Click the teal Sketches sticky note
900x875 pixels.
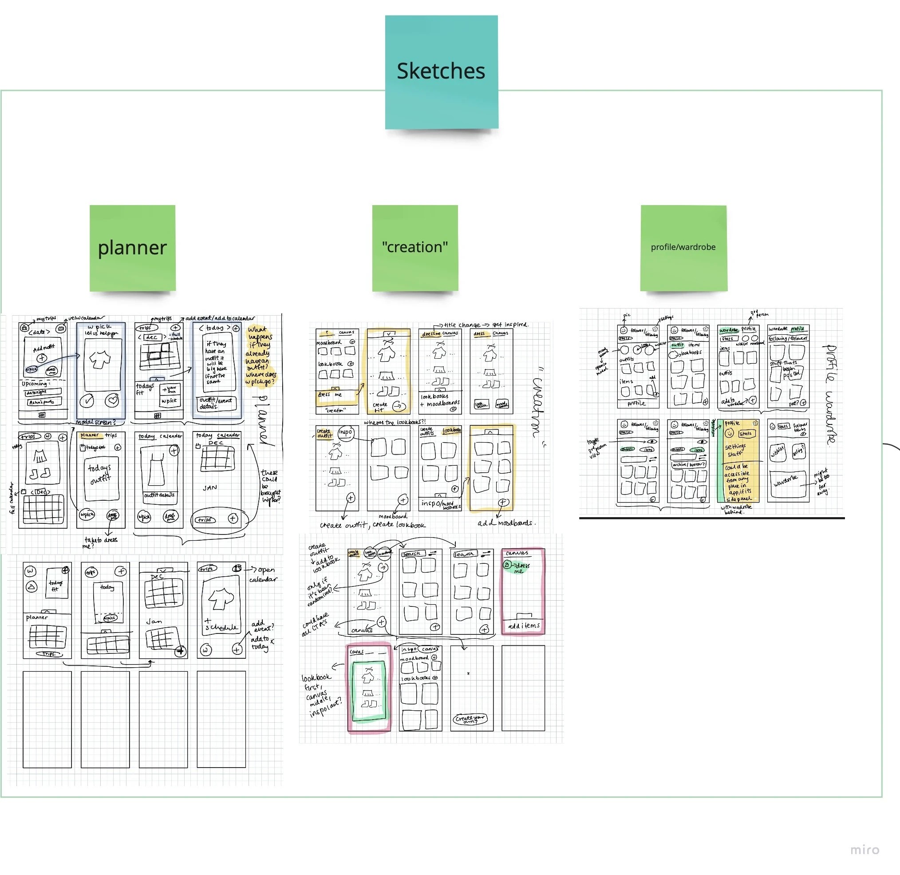441,71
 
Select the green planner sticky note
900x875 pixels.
132,248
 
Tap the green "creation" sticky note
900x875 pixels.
415,248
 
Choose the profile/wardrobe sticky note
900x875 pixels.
683,248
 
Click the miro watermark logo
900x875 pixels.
864,850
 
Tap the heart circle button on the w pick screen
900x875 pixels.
112,401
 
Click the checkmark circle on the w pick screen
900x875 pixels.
87,401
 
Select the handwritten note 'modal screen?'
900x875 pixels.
95,422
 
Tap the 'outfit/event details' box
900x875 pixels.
217,404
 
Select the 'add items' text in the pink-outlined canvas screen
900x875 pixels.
523,626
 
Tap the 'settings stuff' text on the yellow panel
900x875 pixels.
735,450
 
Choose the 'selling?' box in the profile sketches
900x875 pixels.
798,451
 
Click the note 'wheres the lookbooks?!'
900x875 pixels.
395,421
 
